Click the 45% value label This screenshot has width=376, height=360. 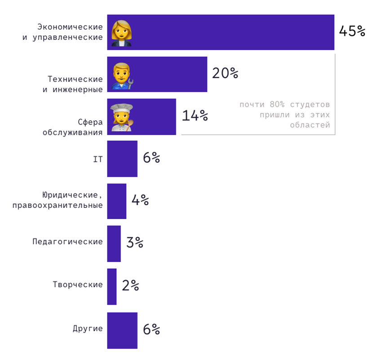[352, 31]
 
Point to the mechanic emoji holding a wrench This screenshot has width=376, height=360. [122, 75]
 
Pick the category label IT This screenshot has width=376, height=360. [97, 159]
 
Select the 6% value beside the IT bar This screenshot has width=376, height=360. [151, 158]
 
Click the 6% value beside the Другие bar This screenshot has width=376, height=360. [151, 329]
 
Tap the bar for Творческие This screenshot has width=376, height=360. [112, 286]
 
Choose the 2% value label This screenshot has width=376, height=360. [130, 285]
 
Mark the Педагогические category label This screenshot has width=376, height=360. [67, 241]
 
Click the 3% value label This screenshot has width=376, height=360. [135, 243]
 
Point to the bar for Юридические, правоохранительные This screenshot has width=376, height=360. [116, 201]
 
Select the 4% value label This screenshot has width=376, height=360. [140, 200]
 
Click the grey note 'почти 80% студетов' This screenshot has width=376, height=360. [284, 105]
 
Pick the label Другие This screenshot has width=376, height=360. [88, 329]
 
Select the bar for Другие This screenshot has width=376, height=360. [122, 330]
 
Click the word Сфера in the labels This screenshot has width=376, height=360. [90, 122]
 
